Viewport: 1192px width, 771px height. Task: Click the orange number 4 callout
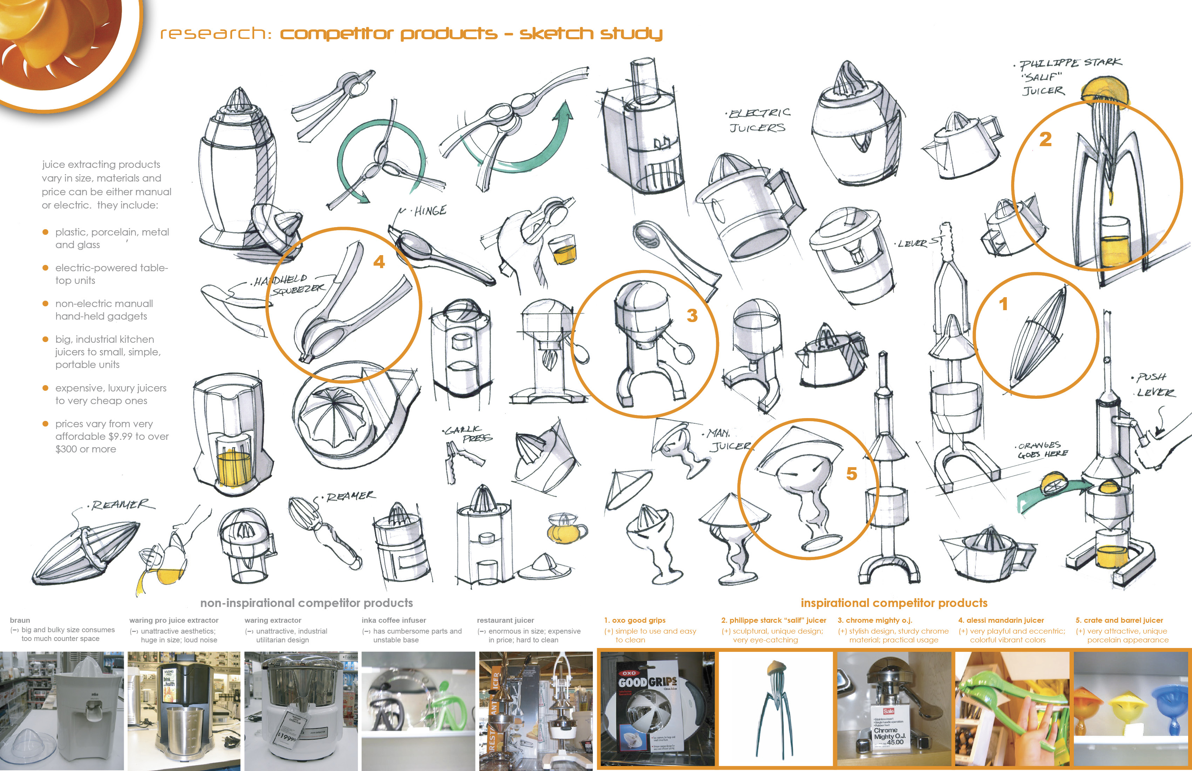(x=379, y=262)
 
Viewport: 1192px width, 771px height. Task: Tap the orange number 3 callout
(x=692, y=315)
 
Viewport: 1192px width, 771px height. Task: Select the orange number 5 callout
(x=852, y=473)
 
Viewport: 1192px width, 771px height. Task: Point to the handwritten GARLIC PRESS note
(x=468, y=434)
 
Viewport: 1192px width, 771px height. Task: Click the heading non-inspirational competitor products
(x=306, y=603)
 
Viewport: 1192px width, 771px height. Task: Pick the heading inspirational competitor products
(x=894, y=603)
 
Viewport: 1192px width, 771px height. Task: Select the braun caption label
(x=20, y=620)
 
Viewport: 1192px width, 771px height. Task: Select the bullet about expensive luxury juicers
(x=110, y=394)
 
